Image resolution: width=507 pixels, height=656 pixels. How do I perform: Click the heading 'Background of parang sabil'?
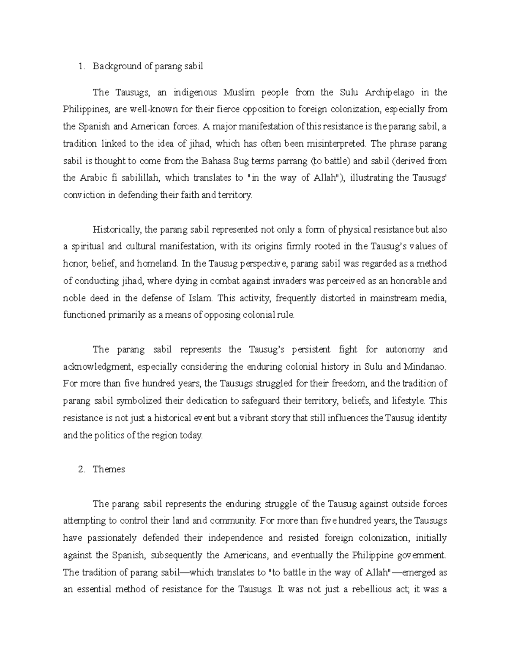coord(148,66)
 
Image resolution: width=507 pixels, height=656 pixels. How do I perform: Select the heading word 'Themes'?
coord(109,469)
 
